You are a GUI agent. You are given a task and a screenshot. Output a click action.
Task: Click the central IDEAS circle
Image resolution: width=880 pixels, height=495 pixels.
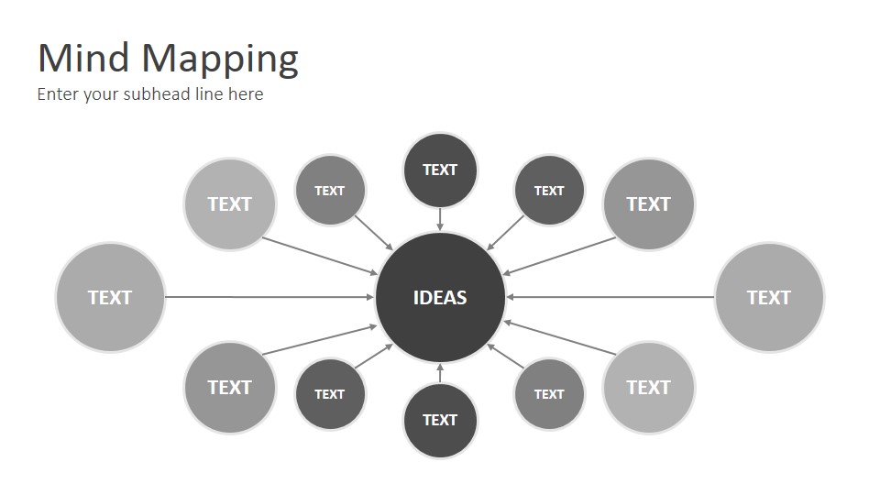pos(440,297)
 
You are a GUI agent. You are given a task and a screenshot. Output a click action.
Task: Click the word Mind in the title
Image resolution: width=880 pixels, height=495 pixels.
pos(83,58)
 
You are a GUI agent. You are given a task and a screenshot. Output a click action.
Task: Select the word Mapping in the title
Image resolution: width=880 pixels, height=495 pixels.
pos(220,60)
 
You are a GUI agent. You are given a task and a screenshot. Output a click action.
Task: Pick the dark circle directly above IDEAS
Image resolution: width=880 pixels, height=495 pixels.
pos(440,170)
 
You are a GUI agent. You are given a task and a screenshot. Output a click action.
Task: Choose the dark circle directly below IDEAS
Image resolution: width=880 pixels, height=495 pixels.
pos(440,421)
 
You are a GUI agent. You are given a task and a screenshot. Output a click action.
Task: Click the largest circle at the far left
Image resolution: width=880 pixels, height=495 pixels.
pos(110,297)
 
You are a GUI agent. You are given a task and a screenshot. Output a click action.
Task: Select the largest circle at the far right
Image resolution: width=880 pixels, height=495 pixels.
pos(769,297)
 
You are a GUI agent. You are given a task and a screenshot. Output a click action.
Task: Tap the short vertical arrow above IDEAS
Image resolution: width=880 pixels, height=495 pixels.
pos(440,219)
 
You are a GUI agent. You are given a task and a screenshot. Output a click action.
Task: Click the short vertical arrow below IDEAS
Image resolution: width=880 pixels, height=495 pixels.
pos(440,373)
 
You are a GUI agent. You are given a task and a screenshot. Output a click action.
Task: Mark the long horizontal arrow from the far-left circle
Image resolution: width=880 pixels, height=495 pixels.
pos(269,297)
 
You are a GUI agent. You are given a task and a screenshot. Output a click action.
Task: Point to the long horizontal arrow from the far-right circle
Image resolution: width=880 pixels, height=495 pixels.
pos(610,297)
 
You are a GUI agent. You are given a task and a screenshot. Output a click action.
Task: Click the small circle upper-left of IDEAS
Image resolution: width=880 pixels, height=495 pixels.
pos(330,191)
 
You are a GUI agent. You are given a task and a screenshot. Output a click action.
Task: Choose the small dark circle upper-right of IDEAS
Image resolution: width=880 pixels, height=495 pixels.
pos(549,191)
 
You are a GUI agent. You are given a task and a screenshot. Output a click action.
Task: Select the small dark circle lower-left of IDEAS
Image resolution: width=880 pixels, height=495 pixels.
pos(330,394)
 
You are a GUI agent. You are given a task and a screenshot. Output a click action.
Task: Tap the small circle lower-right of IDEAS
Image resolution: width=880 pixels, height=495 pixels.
pos(549,394)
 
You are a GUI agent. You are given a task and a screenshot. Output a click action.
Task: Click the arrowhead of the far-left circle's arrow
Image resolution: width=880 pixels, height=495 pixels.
pos(370,297)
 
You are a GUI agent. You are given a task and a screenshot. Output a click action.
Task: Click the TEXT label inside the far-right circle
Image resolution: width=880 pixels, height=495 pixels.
pos(769,297)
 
